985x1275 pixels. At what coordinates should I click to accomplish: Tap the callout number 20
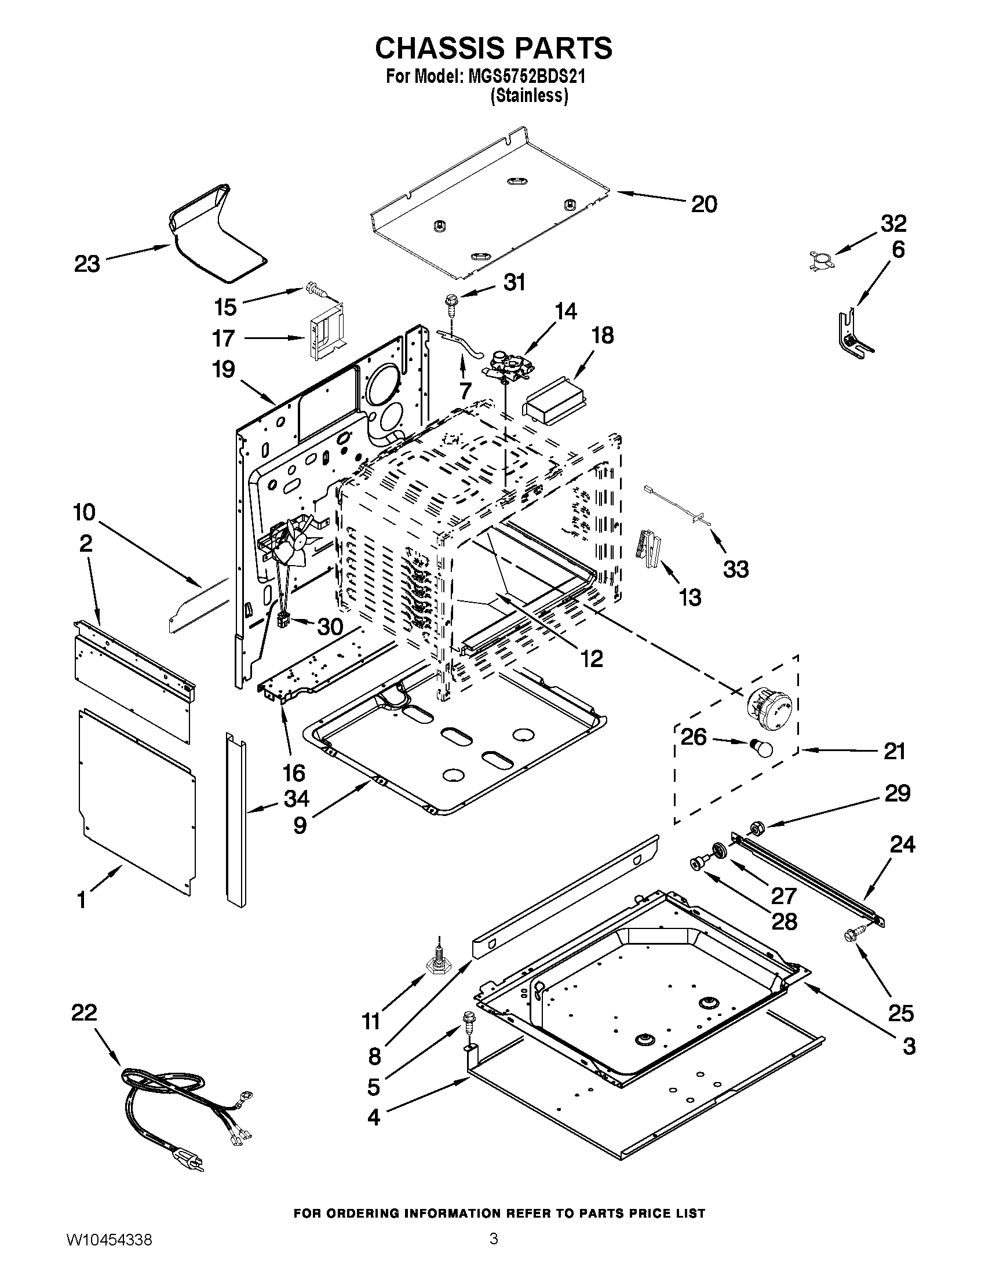click(704, 204)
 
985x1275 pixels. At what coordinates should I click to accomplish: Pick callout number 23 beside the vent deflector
click(87, 264)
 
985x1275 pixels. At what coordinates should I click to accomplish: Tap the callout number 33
click(736, 569)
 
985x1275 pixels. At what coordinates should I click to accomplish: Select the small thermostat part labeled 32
click(821, 260)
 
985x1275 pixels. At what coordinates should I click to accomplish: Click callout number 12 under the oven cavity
click(591, 658)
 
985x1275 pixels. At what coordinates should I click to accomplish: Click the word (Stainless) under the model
click(529, 96)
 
